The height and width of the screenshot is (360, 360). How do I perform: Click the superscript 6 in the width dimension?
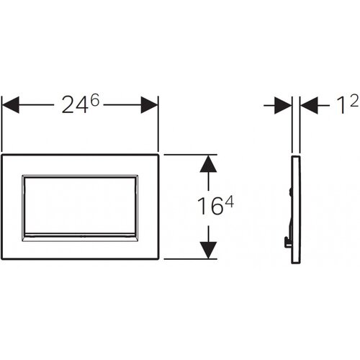95,100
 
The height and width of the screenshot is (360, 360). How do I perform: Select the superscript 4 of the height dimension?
229,202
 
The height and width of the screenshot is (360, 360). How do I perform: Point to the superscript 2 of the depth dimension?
354,101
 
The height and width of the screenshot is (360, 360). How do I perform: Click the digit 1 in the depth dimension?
341,105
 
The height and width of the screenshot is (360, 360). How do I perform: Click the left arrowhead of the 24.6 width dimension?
10,105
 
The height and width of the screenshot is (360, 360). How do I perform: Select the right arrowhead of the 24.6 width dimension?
149,105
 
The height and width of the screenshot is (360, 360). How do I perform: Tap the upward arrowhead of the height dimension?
208,164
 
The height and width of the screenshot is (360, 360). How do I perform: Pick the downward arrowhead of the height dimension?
208,250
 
